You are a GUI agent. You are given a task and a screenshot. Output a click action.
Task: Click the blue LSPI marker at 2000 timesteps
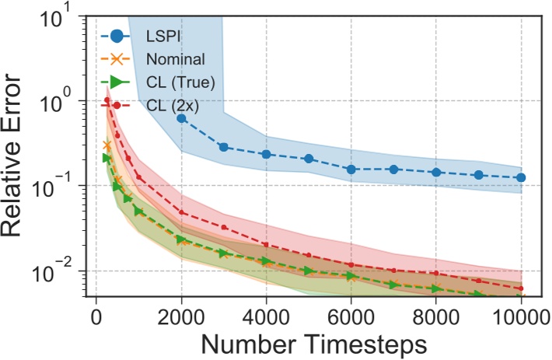tap(181, 118)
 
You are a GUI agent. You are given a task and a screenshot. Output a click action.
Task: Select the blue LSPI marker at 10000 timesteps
tap(521, 178)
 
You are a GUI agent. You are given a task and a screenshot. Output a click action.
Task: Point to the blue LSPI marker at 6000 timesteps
tap(351, 169)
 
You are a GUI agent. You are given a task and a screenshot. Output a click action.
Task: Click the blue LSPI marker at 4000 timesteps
tap(267, 154)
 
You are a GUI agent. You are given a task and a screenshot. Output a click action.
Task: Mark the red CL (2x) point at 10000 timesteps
tap(521, 288)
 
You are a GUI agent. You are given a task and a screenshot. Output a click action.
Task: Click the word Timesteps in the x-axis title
tap(375, 343)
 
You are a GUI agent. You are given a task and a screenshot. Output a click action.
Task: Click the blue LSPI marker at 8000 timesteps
tap(436, 172)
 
